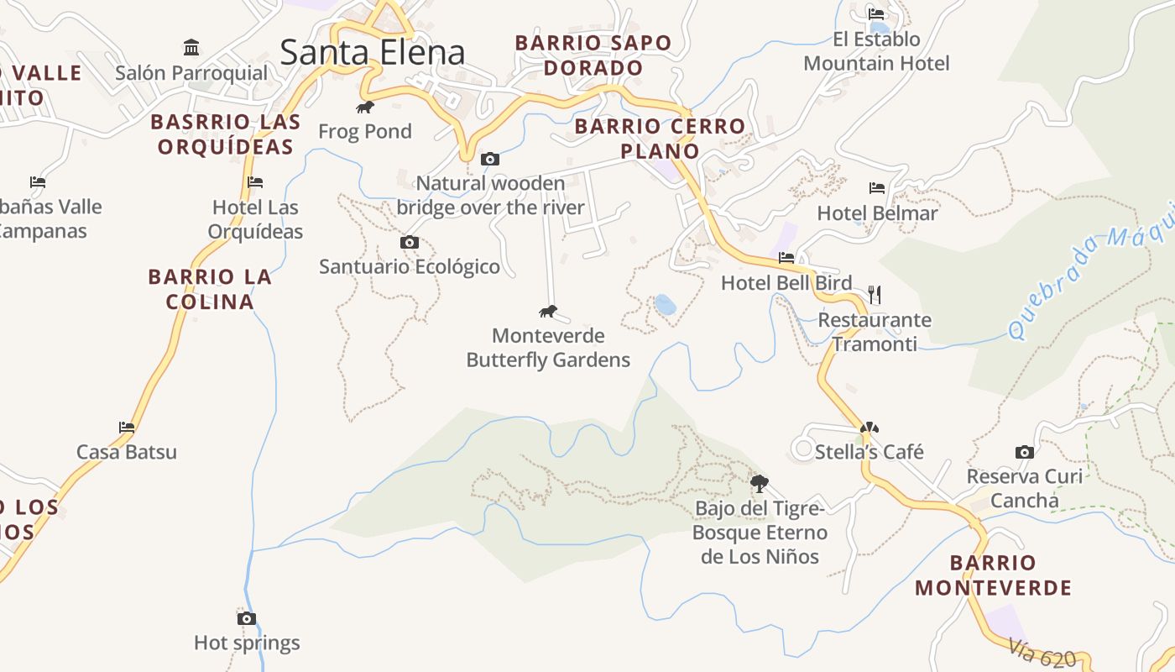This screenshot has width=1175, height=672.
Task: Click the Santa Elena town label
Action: (372, 52)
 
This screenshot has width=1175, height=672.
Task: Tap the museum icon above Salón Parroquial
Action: (191, 47)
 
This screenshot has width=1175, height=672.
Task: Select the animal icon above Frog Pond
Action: (365, 107)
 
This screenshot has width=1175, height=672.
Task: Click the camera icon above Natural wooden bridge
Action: (490, 159)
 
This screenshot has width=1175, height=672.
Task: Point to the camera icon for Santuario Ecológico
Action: (410, 243)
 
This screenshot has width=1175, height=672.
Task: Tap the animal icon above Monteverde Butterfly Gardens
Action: (548, 312)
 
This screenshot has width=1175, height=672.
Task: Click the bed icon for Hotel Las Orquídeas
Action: (255, 181)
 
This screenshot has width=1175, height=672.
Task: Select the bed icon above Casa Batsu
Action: (127, 427)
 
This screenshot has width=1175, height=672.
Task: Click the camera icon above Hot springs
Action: (247, 618)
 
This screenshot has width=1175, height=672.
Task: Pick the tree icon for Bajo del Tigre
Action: (760, 483)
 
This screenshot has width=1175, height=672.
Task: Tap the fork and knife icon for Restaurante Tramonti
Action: (875, 294)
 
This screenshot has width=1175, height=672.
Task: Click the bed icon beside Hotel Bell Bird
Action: (786, 258)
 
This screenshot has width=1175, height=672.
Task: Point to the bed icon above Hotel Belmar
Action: (877, 188)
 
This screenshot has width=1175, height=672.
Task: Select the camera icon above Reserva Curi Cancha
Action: (1024, 452)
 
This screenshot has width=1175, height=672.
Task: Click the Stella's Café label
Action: (869, 452)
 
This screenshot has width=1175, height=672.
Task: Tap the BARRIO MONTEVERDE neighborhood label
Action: (994, 575)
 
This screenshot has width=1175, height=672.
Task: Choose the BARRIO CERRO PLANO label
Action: (660, 139)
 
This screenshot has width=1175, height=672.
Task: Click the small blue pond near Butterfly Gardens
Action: (666, 305)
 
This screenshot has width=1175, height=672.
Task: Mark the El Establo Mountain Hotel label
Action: (876, 51)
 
